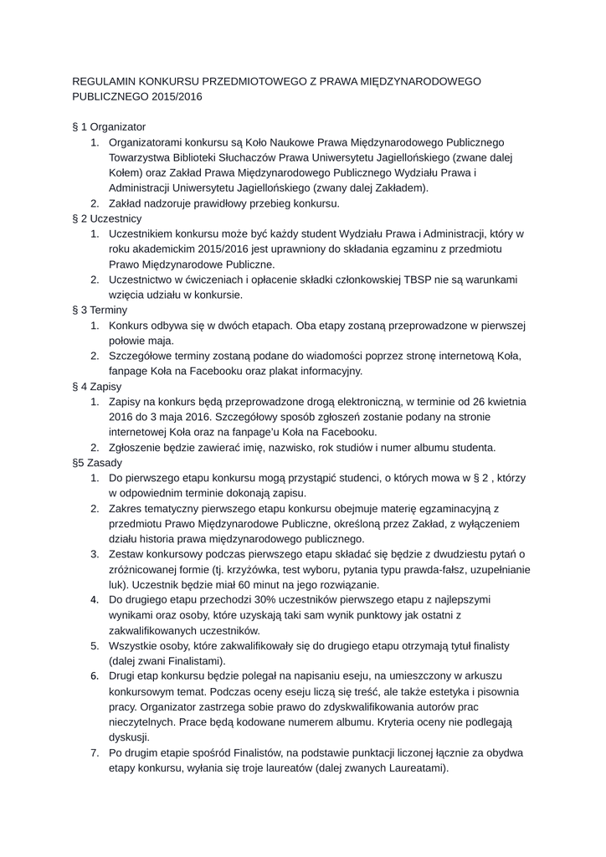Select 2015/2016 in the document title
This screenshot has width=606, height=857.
(x=177, y=96)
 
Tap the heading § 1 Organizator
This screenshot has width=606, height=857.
(x=110, y=126)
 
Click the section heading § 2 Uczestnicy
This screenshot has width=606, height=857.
(x=108, y=218)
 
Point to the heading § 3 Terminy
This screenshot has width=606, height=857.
(x=100, y=310)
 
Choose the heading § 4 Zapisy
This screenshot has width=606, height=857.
(x=98, y=387)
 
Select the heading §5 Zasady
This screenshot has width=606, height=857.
(x=98, y=463)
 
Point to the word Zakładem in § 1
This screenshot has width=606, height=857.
(x=402, y=187)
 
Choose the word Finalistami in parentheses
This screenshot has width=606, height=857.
(x=183, y=661)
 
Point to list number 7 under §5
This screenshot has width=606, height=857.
(x=95, y=753)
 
